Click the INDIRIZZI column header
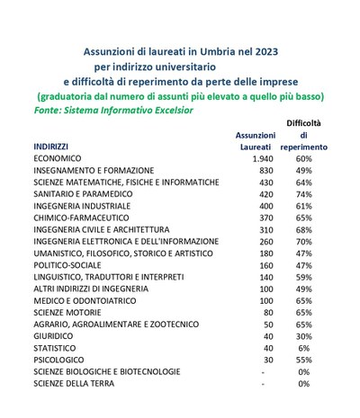55,145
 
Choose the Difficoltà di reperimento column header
303,133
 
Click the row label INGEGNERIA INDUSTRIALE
83,206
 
